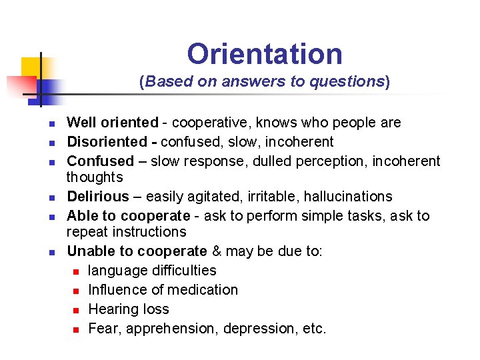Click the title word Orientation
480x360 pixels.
pyautogui.click(x=265, y=54)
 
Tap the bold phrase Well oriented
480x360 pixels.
pyautogui.click(x=113, y=123)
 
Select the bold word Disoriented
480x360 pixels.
pyautogui.click(x=107, y=142)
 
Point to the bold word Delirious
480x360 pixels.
pyautogui.click(x=98, y=197)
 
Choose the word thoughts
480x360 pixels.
pyautogui.click(x=95, y=177)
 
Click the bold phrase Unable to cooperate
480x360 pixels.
pyautogui.click(x=137, y=251)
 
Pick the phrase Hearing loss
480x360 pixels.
pyautogui.click(x=129, y=309)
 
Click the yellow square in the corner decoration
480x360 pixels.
pyautogui.click(x=31, y=66)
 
